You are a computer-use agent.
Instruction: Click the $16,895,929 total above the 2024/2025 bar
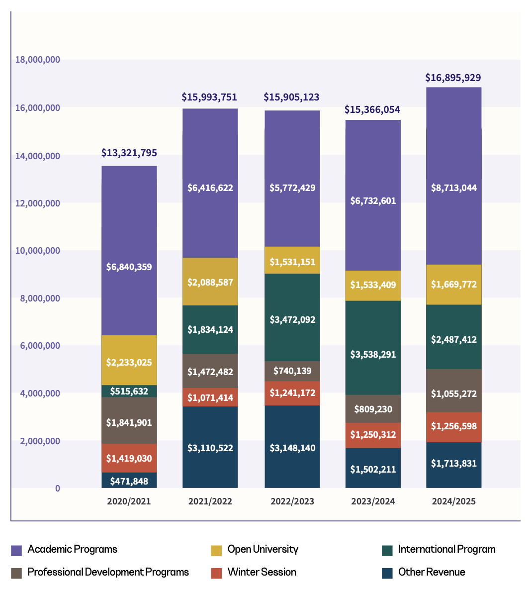(453, 78)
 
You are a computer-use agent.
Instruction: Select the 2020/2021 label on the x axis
(129, 501)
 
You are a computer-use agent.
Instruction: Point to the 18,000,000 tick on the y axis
(37, 60)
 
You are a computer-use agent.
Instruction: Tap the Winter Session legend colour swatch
(216, 573)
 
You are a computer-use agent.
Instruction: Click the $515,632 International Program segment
(129, 391)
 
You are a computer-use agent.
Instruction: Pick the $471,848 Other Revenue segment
(129, 481)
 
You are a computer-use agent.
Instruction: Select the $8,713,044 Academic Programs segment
(453, 188)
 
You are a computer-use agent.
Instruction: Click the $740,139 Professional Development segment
(292, 371)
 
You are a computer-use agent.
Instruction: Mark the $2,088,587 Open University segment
(210, 282)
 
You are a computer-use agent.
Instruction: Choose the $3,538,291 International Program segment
(373, 354)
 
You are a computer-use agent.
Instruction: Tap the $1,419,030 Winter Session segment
(129, 458)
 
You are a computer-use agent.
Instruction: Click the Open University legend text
(263, 549)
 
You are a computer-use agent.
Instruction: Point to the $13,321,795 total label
(129, 153)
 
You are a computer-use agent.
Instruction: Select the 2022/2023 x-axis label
(292, 501)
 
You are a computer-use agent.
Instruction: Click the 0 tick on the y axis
(57, 489)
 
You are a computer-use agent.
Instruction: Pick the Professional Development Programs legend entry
(108, 572)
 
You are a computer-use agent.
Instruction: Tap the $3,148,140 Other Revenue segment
(292, 448)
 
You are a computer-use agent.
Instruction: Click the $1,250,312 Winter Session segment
(373, 434)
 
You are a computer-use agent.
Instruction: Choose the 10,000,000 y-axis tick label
(37, 250)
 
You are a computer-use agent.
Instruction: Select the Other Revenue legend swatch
(387, 573)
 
